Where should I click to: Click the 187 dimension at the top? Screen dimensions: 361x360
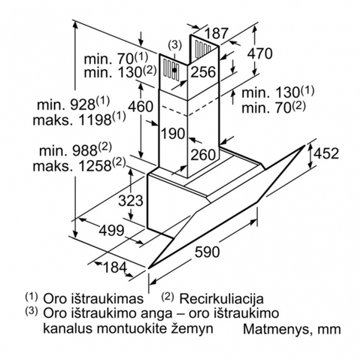point(217,33)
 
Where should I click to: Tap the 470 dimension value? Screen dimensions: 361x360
point(259,53)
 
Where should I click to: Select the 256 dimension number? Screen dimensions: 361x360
point(203,72)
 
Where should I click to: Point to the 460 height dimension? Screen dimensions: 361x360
point(141,106)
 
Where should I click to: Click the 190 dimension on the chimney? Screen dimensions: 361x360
point(173,133)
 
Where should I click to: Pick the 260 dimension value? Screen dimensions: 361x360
point(203,154)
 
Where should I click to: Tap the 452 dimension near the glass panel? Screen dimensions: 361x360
point(326,153)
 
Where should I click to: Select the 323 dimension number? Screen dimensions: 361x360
point(131,201)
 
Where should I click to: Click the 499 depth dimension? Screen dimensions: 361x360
point(111,231)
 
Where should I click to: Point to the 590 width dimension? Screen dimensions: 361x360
point(208,252)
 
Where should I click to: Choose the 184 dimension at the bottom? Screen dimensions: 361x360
point(115,268)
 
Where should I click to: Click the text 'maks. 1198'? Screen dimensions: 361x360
point(72,120)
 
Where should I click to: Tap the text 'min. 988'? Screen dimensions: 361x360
point(68,151)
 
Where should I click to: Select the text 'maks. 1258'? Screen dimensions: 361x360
point(72,166)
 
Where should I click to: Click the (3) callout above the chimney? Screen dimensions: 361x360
point(174,45)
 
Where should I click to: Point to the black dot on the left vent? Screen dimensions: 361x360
point(174,71)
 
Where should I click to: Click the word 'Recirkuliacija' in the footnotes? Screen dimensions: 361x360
point(221,298)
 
